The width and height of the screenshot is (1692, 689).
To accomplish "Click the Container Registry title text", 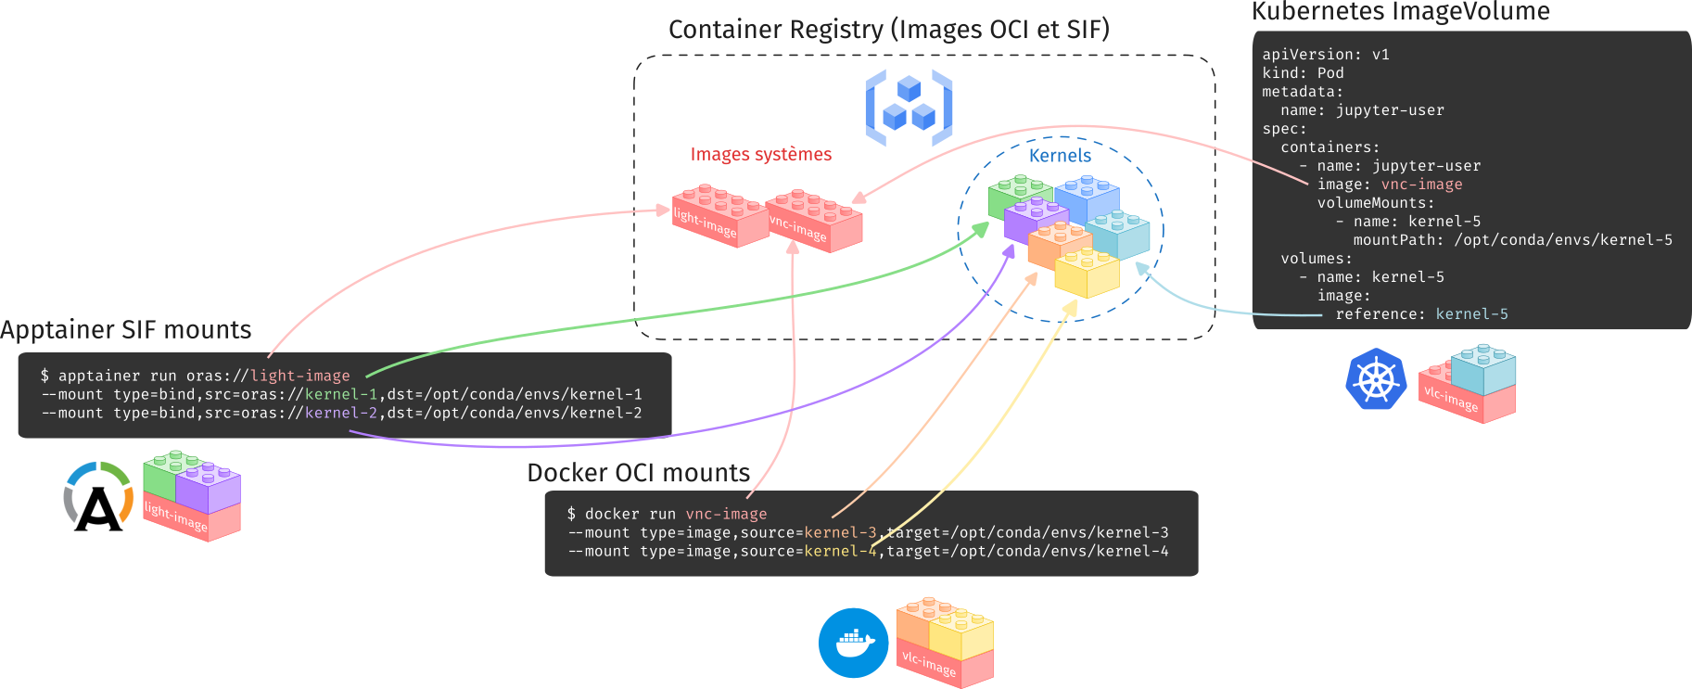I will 888,30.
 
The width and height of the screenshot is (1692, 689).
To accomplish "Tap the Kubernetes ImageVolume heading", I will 1400,12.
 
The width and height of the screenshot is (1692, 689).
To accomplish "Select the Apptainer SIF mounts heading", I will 126,330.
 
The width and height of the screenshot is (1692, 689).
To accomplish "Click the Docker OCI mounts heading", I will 638,473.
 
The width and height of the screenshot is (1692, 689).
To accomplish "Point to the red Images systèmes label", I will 760,154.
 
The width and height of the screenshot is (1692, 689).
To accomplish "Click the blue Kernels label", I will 1060,156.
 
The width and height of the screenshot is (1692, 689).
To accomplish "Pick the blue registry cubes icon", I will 909,109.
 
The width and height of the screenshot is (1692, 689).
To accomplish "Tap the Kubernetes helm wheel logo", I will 1376,379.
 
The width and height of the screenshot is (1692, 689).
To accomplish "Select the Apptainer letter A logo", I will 98,499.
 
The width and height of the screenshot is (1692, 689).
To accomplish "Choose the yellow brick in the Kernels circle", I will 1087,272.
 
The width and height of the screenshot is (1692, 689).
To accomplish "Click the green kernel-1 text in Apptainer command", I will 341,394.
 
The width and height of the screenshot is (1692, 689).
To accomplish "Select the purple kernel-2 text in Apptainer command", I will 341,413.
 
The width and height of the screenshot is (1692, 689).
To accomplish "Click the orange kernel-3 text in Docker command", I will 840,532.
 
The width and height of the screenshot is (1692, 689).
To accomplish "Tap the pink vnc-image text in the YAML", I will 1421,185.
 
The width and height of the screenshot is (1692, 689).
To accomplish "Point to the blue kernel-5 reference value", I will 1471,314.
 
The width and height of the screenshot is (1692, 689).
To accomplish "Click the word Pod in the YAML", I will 1330,73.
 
